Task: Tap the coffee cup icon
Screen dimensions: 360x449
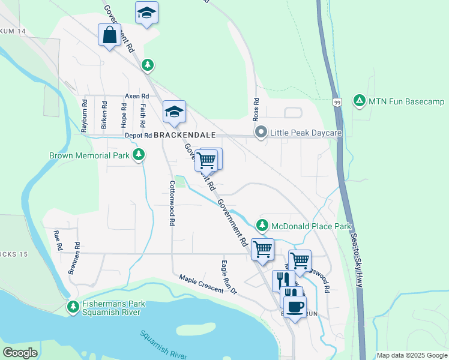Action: pos(294,307)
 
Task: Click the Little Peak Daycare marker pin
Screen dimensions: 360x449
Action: pos(261,132)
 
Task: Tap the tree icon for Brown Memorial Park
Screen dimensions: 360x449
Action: pos(139,155)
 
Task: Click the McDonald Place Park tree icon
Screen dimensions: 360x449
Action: pos(262,226)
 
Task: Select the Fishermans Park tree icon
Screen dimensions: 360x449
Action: pos(73,307)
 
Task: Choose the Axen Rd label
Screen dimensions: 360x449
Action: pos(136,96)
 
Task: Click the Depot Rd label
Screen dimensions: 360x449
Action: pos(139,136)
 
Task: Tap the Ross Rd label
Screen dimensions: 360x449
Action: pos(256,108)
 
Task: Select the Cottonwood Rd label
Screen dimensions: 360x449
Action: pos(172,203)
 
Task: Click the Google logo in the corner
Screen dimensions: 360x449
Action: pos(20,353)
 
